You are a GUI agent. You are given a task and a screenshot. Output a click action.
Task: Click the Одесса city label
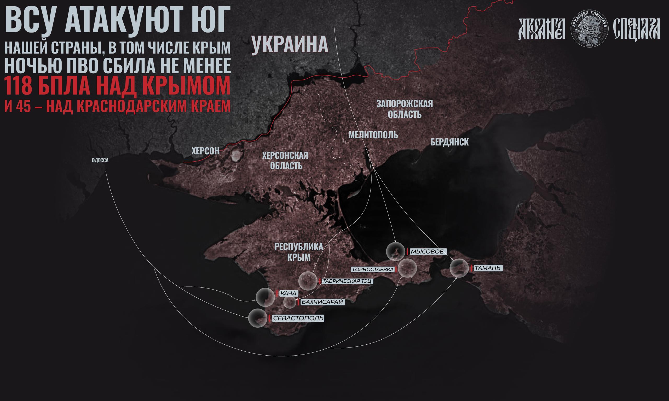coord(100,160)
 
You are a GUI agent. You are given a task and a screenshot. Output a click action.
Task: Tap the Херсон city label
coord(205,151)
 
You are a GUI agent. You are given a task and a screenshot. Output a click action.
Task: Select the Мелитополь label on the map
coord(373,135)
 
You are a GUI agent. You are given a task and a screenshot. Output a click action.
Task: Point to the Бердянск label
coord(449,142)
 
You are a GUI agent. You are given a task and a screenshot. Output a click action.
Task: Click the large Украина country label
coord(290,45)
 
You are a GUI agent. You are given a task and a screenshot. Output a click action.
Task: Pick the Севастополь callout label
coord(298,318)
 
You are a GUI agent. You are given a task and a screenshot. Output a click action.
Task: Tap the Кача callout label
coord(288,293)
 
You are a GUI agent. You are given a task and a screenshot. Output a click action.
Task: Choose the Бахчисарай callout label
coord(322,302)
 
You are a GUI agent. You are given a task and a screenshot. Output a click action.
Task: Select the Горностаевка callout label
coord(373,269)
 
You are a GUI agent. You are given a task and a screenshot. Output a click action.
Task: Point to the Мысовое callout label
coord(427,252)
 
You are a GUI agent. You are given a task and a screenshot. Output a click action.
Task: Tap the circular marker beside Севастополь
coord(258,318)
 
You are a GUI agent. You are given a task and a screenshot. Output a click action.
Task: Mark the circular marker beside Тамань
coord(459,268)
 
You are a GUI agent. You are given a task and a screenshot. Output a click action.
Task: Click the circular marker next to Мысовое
coord(396,252)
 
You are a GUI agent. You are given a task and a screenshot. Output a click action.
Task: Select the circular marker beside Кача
coord(265,297)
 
